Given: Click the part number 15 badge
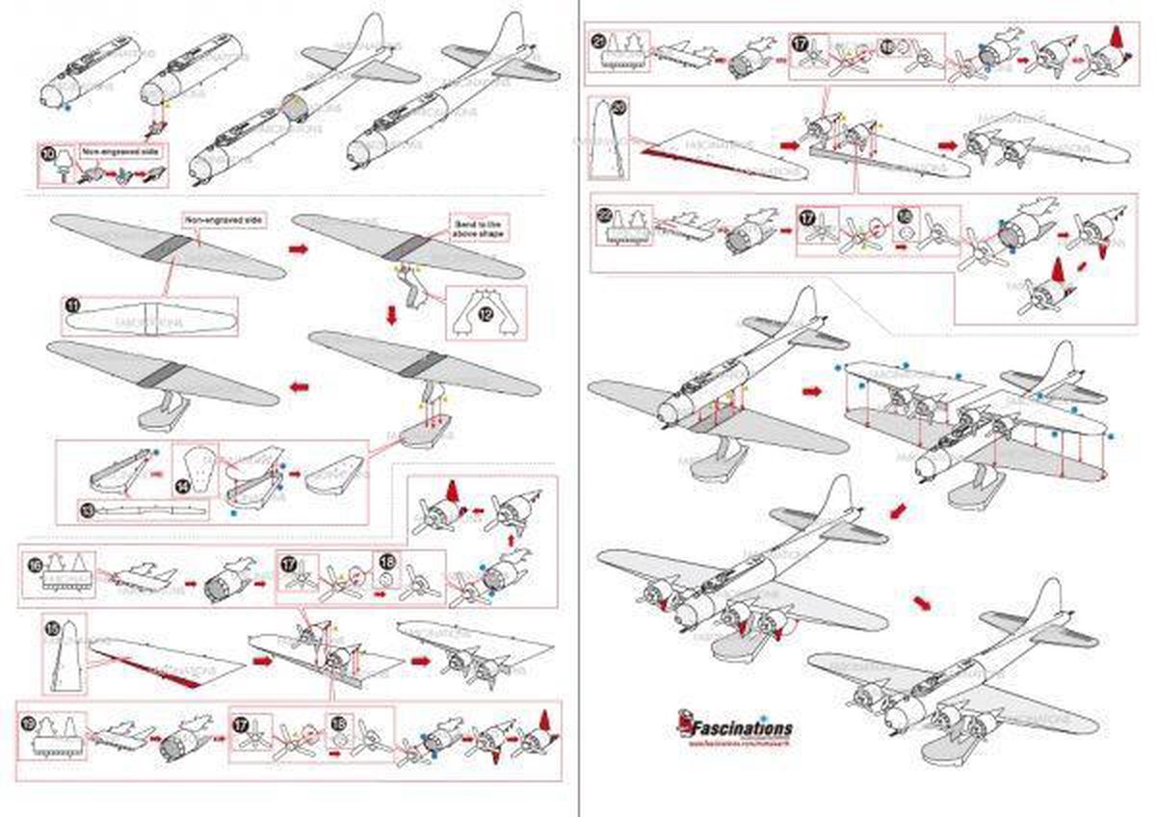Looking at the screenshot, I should click(x=54, y=628).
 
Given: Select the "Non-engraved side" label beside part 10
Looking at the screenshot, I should click(x=118, y=151).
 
